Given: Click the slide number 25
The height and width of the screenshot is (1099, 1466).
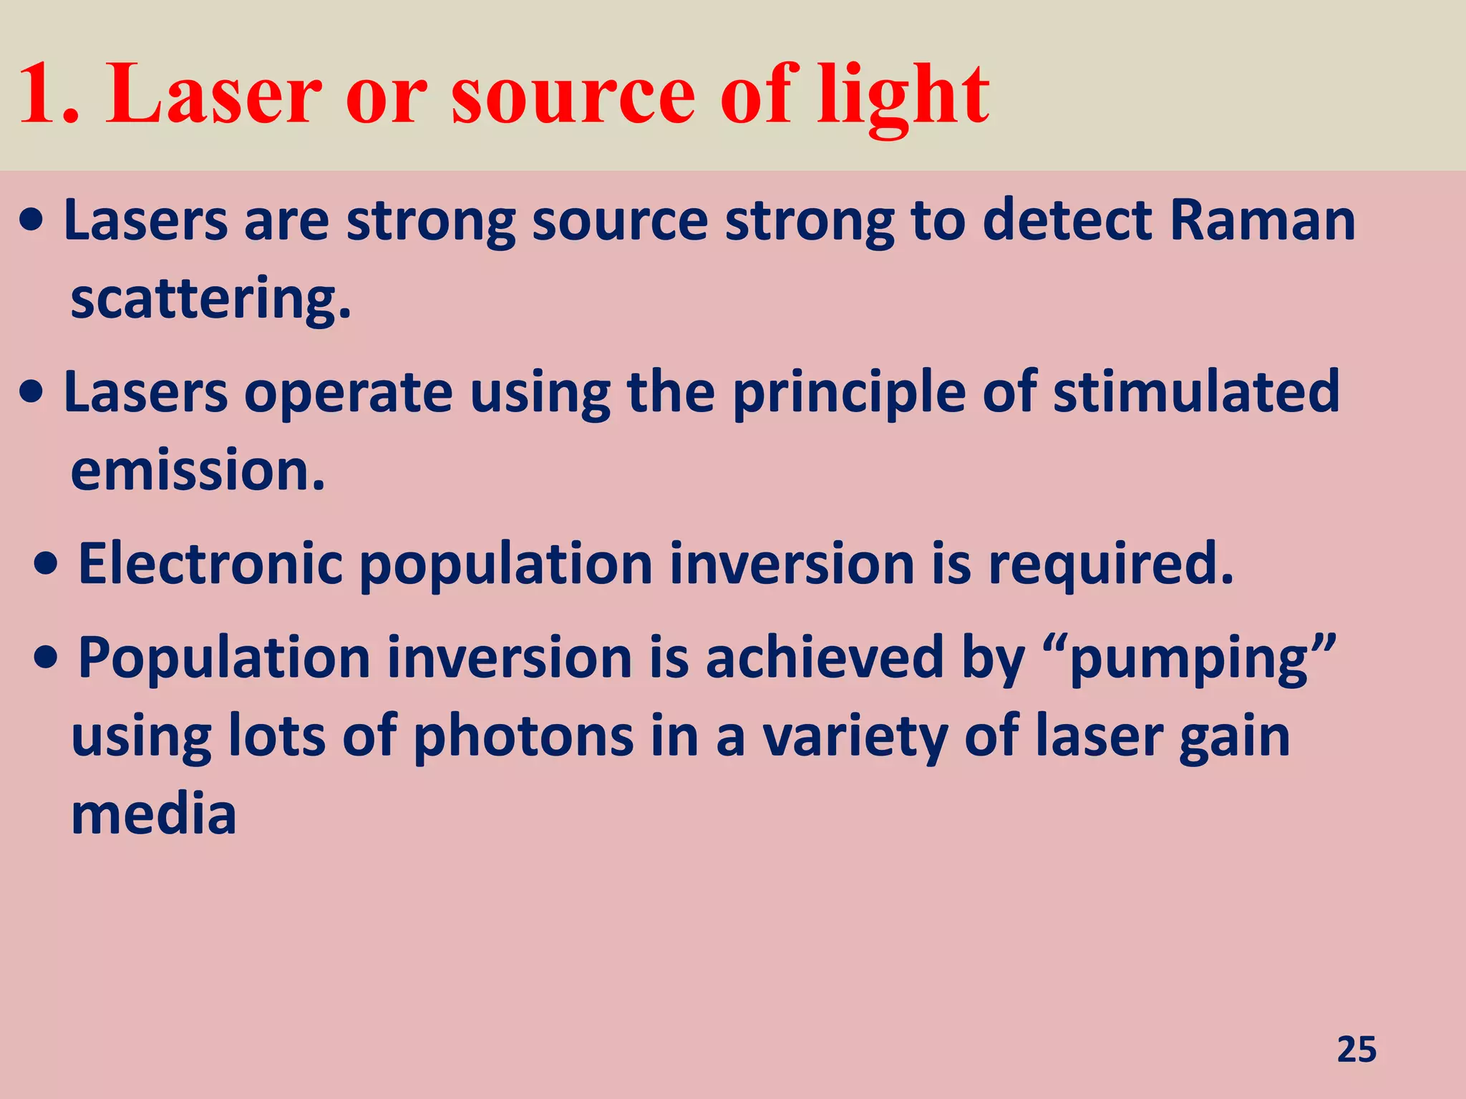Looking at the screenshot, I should coord(1356,1050).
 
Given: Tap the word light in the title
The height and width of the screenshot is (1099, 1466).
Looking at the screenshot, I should coord(903,97).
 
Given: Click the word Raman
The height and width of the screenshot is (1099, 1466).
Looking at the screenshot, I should coord(1262,220).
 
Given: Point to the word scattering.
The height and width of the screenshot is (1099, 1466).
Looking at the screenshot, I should coord(210,299).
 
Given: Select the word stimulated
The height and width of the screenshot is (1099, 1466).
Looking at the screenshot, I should coord(1195,392).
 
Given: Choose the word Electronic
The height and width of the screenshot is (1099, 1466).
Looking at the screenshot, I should coord(210,564).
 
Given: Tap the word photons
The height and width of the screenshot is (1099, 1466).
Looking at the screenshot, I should coord(524,737).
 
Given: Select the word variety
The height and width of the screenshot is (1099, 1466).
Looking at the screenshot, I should coord(855,737).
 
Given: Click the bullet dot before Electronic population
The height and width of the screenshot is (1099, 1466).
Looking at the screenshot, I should coord(47,565).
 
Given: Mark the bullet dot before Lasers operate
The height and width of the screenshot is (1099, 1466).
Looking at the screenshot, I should coord(32,393).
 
